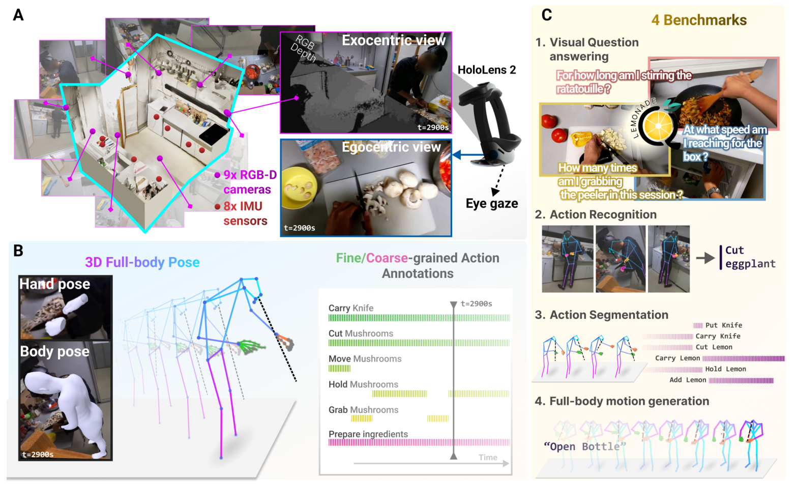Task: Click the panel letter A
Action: click(x=18, y=15)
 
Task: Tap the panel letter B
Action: click(x=18, y=250)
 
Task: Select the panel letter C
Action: click(x=547, y=15)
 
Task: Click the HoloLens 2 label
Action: click(x=486, y=70)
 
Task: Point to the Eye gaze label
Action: click(x=491, y=203)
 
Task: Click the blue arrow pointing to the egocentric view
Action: click(x=468, y=155)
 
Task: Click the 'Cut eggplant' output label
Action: click(x=750, y=257)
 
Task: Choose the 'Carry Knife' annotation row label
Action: click(x=350, y=308)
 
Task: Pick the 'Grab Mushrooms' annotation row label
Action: click(x=363, y=410)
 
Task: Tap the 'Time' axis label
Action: click(x=487, y=457)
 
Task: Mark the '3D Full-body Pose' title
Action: click(x=142, y=262)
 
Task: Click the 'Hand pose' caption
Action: click(x=54, y=284)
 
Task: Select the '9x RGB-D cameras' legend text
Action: click(x=250, y=182)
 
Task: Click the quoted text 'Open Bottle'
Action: click(x=585, y=447)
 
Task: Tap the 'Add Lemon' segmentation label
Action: click(x=688, y=380)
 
